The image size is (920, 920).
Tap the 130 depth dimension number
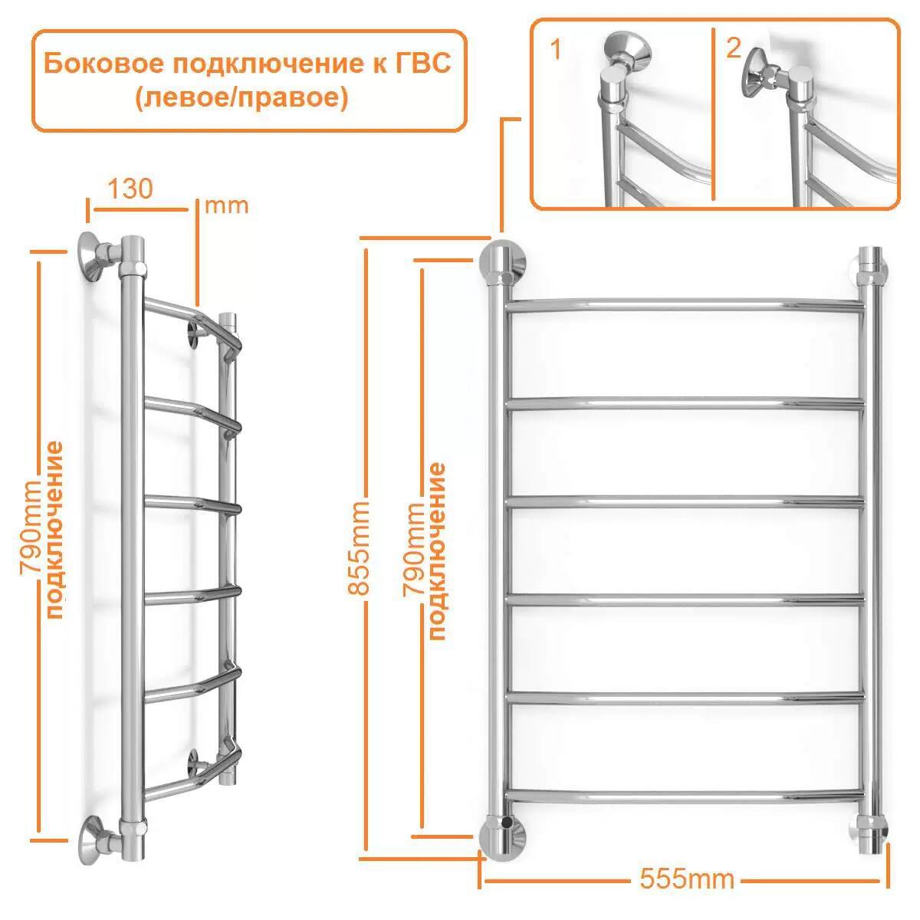tap(130, 189)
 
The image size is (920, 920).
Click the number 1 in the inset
tap(556, 51)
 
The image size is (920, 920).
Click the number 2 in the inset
tap(733, 48)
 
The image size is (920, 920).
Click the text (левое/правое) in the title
tap(242, 99)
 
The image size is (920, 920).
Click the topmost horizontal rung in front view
tap(685, 304)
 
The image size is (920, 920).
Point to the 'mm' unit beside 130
tap(226, 205)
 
